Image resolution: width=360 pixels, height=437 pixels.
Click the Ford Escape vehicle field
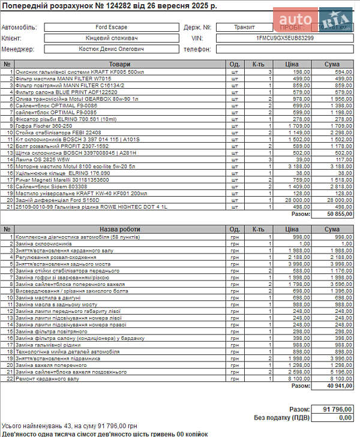tap(110, 28)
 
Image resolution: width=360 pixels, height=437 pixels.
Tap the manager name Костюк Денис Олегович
tap(110, 49)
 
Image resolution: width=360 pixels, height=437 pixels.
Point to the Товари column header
tap(119, 64)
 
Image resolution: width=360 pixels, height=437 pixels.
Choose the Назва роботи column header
tap(119, 229)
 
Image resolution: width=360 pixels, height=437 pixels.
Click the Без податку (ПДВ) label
tap(282, 418)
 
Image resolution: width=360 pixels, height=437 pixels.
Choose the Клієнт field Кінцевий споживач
tap(110, 38)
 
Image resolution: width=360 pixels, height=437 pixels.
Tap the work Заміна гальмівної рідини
tap(47, 345)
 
